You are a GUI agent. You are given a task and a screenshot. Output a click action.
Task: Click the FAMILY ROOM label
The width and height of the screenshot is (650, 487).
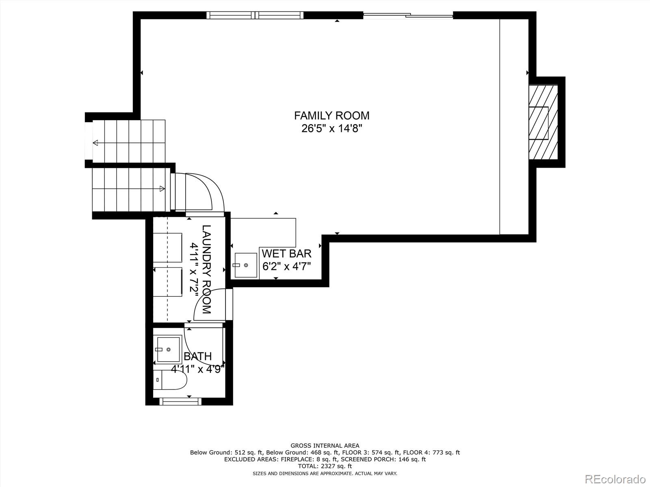click(331, 116)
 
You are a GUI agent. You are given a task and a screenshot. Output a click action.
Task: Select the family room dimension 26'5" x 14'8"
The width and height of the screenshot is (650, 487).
click(331, 129)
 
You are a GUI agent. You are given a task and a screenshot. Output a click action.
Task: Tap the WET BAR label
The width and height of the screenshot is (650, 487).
click(286, 254)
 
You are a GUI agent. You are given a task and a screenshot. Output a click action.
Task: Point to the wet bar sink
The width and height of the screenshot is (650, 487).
click(245, 265)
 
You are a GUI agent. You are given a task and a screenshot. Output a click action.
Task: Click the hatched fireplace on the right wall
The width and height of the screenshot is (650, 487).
click(543, 122)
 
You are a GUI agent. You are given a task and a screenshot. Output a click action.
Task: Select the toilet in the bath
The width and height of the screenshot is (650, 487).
click(171, 380)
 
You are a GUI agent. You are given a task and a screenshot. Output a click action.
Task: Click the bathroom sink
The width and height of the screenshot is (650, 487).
click(168, 349)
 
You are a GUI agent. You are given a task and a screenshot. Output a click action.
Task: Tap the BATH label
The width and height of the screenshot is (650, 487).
click(197, 356)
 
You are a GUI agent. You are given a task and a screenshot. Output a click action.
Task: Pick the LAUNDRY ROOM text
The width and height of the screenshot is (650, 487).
click(207, 269)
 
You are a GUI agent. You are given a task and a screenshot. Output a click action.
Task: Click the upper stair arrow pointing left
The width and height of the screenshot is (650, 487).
click(96, 142)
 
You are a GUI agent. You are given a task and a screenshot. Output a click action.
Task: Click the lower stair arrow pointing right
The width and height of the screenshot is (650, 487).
click(162, 188)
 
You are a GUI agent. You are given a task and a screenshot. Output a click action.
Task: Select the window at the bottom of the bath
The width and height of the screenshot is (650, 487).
click(180, 401)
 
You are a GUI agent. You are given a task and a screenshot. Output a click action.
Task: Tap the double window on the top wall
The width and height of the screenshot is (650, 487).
click(255, 15)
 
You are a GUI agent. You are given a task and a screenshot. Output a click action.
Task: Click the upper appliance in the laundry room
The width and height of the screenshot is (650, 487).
click(167, 248)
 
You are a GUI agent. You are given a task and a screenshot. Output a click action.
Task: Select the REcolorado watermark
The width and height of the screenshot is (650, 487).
click(615, 478)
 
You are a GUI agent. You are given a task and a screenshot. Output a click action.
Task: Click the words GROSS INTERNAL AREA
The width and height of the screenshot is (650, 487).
click(325, 446)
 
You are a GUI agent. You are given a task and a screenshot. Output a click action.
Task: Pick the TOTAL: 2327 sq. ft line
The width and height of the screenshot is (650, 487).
click(325, 466)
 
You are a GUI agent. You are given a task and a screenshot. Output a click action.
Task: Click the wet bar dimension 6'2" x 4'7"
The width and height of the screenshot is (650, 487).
click(286, 267)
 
